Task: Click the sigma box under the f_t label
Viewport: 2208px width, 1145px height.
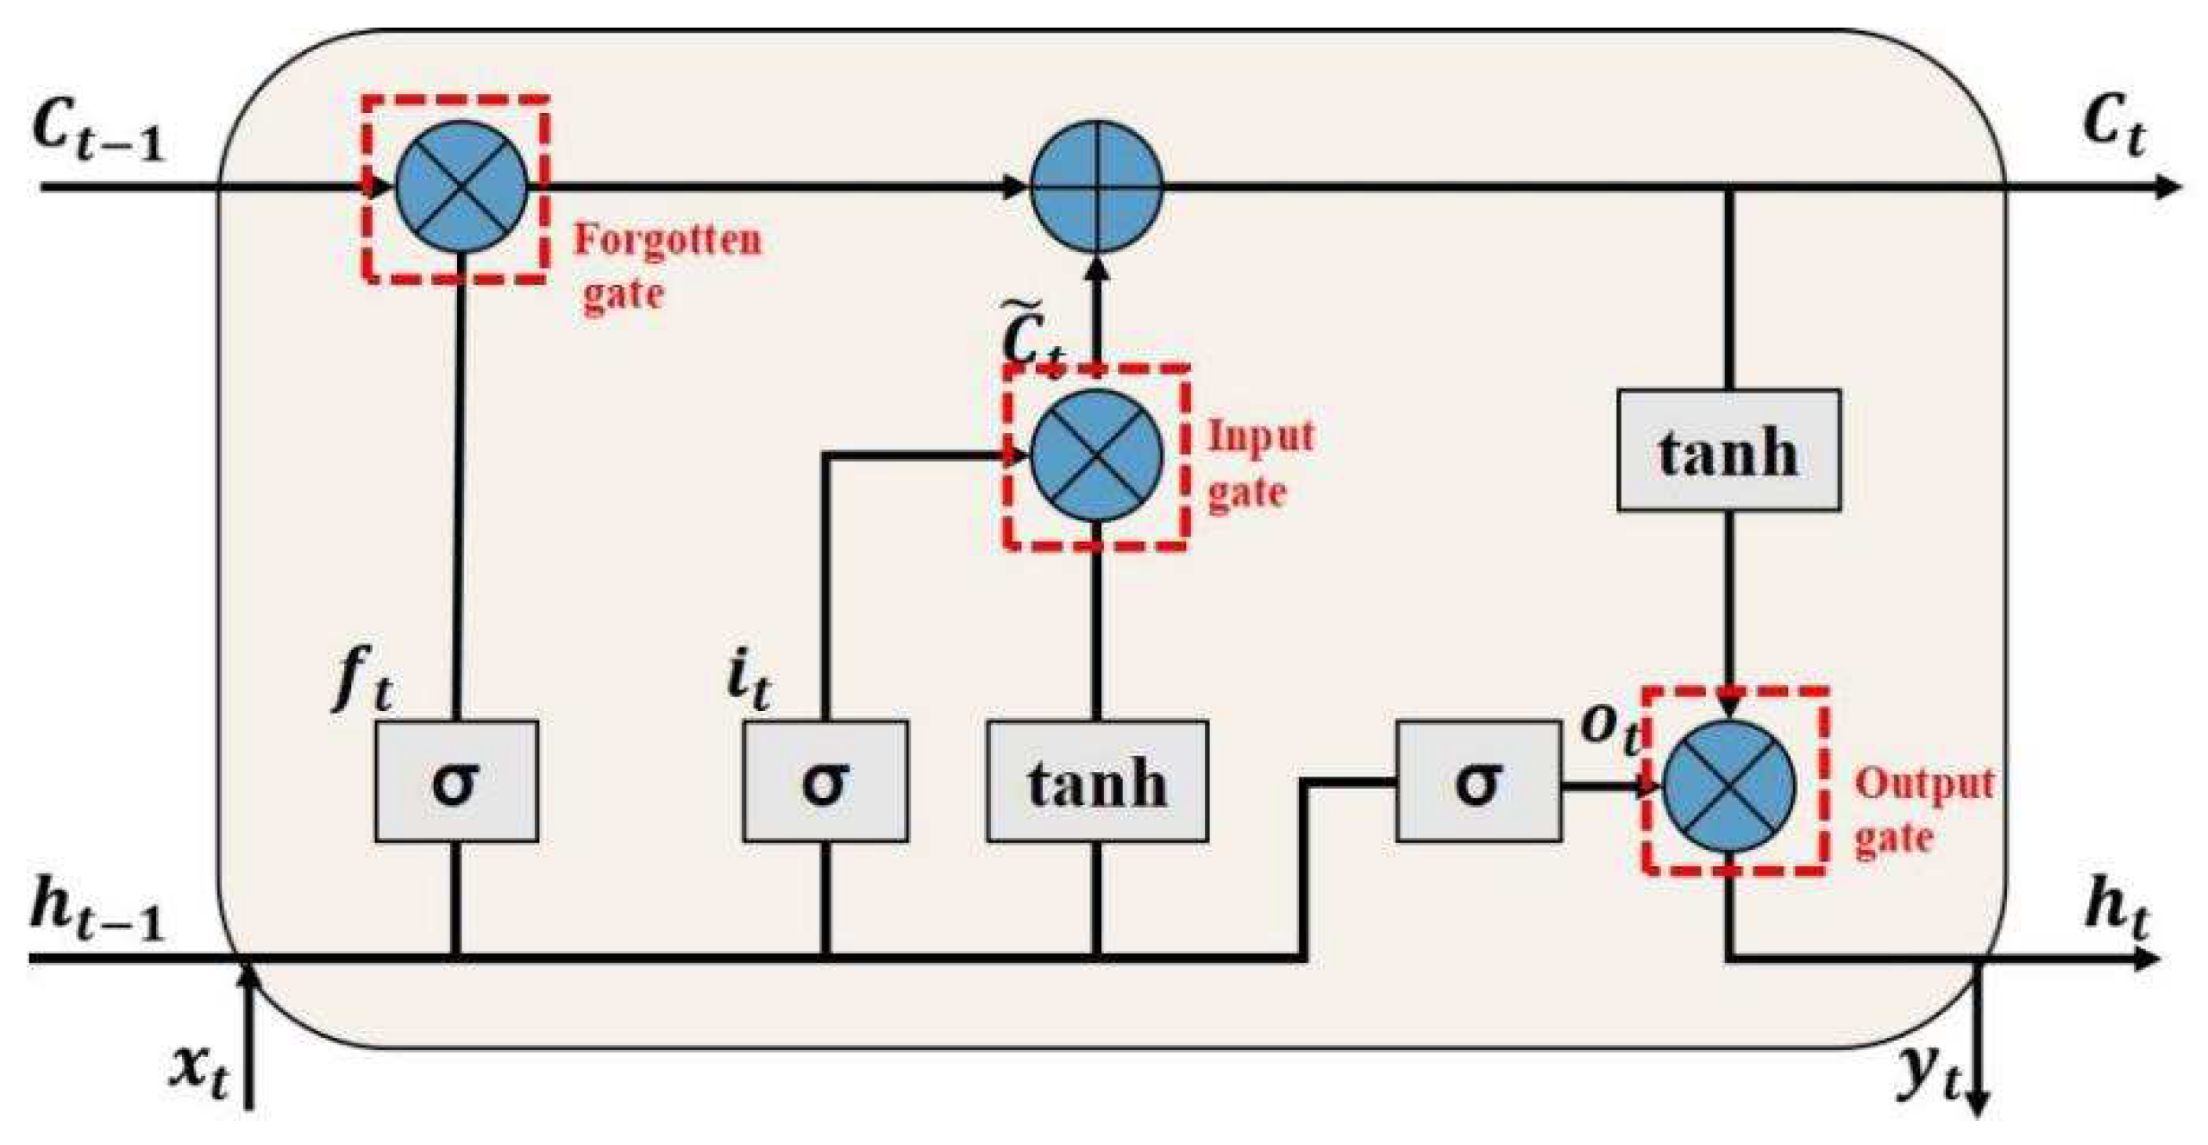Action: (456, 782)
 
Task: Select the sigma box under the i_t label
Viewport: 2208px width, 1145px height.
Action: (825, 782)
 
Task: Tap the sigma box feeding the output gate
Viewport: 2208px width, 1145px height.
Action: (1478, 782)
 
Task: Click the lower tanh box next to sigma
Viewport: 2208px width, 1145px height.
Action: (1097, 782)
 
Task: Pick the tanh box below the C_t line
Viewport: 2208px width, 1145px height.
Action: (1728, 450)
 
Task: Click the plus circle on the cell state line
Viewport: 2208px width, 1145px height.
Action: (1097, 186)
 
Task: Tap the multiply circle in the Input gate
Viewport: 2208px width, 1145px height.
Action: (1097, 455)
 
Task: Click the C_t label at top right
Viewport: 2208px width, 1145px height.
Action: (2113, 129)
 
